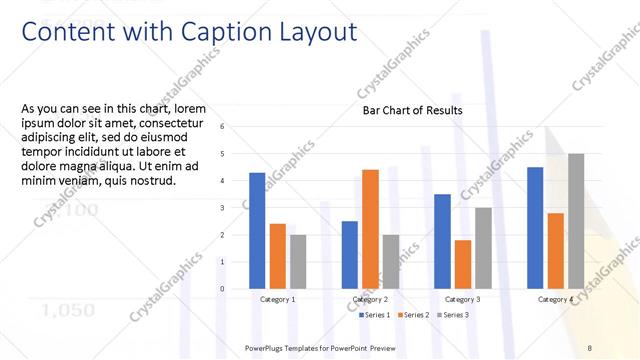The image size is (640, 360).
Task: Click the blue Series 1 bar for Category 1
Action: (x=257, y=230)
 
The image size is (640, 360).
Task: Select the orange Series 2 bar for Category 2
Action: (x=370, y=229)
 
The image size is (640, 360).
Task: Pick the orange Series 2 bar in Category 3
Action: (x=462, y=264)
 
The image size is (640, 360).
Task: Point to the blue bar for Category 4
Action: (x=535, y=227)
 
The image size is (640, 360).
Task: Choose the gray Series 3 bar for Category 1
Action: (x=298, y=261)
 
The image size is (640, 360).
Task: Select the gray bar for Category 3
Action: (x=483, y=248)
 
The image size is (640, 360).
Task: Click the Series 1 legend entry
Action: (x=374, y=315)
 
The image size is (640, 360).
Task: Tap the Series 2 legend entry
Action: (x=414, y=315)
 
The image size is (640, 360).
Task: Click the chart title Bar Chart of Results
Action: (x=412, y=110)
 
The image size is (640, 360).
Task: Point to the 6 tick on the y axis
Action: (x=236, y=127)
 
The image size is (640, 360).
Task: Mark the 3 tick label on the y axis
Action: (x=236, y=208)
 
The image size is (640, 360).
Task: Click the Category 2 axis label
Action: (x=370, y=299)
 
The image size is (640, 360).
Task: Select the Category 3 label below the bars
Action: (x=462, y=299)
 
